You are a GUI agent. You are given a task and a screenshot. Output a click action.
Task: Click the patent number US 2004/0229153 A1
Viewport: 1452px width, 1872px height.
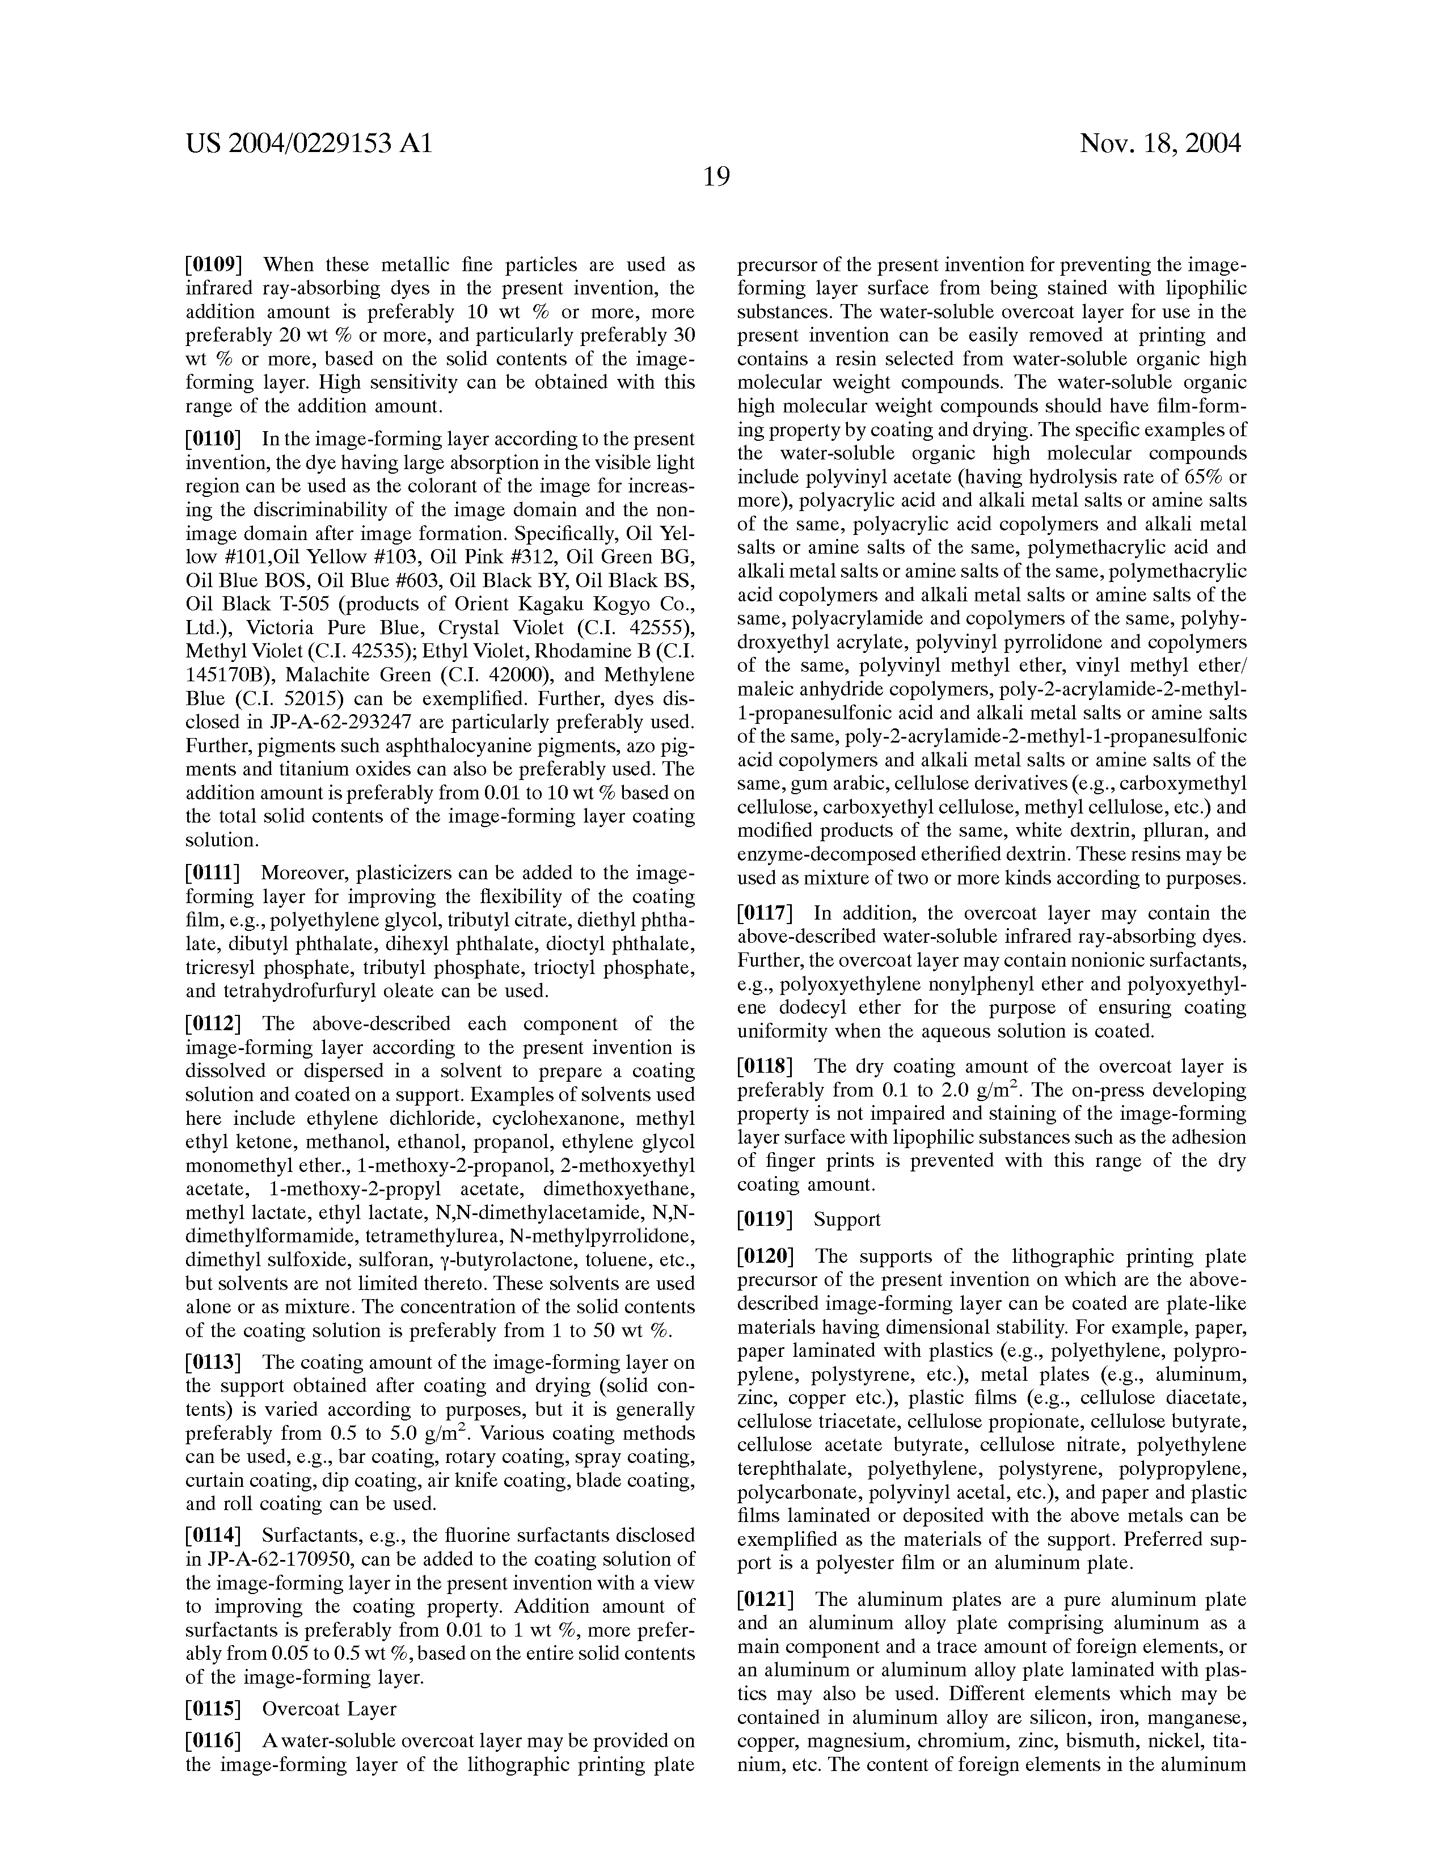(309, 143)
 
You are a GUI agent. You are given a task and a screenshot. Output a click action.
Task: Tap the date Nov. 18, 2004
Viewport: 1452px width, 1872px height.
(1160, 143)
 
